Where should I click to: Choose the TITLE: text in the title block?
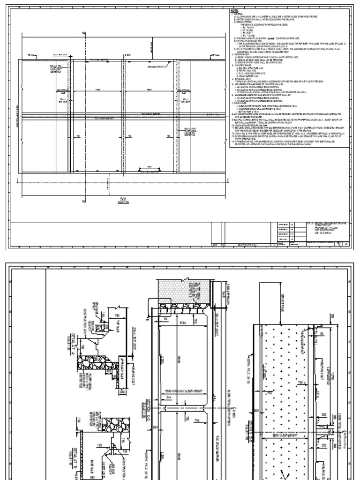coord(311,224)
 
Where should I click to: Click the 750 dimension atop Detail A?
coord(118,315)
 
